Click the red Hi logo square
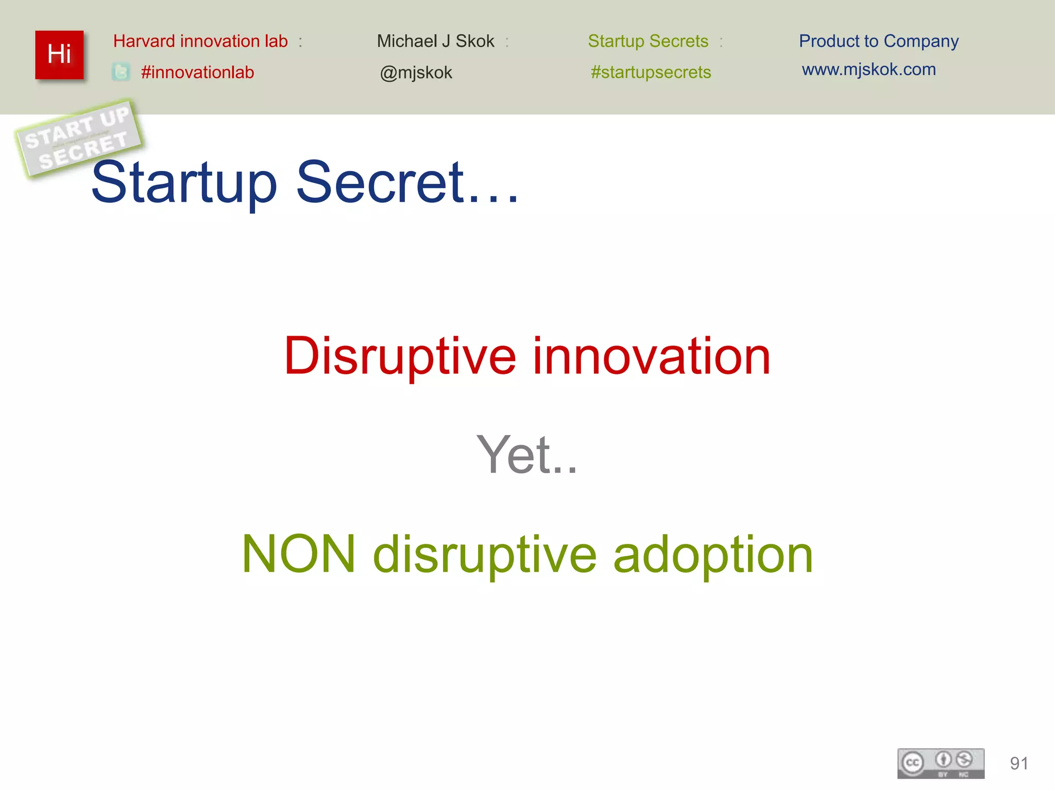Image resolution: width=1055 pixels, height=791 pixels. (x=59, y=55)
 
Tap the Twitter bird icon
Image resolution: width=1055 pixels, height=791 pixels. (x=121, y=72)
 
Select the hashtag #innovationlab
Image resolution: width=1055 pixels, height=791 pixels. (x=197, y=72)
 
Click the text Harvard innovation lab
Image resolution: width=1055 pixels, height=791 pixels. (x=200, y=41)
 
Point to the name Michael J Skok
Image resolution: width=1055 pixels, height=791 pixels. (x=435, y=41)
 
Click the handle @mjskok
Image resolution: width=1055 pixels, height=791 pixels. (x=416, y=73)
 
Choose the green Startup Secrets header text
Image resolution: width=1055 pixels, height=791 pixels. (x=648, y=41)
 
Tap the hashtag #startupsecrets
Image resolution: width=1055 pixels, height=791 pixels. (x=651, y=72)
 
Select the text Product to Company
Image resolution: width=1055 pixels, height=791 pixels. (x=878, y=41)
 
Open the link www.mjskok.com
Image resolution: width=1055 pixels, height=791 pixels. (x=869, y=70)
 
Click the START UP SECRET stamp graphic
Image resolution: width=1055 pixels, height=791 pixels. (x=78, y=137)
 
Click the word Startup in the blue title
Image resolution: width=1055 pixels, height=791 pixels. (x=184, y=183)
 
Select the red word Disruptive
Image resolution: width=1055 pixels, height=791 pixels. (x=400, y=356)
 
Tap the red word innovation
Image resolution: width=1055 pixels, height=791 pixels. (x=651, y=356)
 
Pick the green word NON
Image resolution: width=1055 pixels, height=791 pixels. (x=299, y=554)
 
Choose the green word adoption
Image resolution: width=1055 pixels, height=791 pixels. (x=713, y=555)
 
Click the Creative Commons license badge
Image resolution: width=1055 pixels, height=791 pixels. (x=941, y=763)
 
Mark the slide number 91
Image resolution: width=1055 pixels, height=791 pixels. (x=1019, y=763)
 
